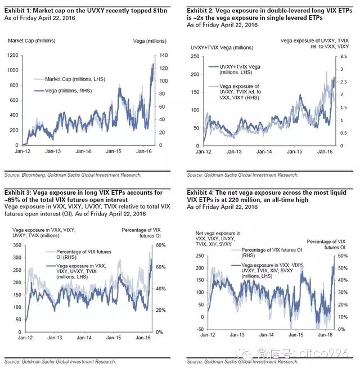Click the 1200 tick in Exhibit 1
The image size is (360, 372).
[12, 55]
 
